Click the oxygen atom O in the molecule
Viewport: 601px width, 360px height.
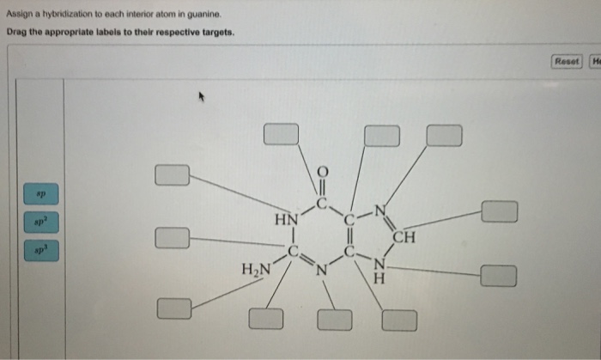click(322, 171)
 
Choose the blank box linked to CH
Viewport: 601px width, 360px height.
click(499, 211)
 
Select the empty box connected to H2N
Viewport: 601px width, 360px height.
click(173, 307)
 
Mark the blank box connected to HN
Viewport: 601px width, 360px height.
click(173, 175)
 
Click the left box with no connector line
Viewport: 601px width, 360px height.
click(173, 236)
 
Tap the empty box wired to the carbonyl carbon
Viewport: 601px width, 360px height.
click(281, 134)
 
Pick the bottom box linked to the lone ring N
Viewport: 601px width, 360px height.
click(335, 320)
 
